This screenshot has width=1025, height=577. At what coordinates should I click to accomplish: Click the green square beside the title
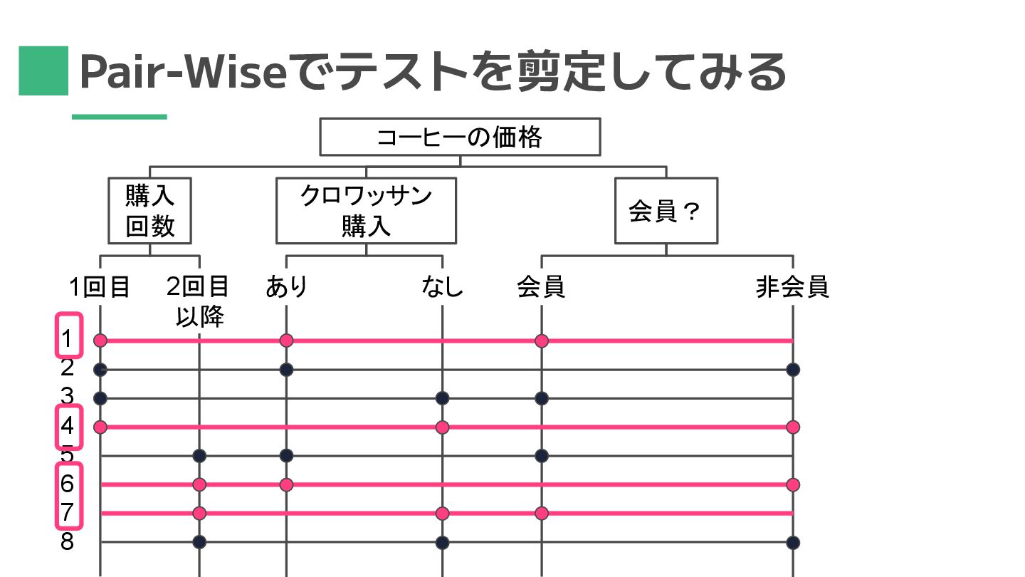coord(43,71)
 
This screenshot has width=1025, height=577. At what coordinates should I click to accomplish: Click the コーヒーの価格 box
coord(460,137)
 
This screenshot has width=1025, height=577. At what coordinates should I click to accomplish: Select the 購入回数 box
coord(149,210)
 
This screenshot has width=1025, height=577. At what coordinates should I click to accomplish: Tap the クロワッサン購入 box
coord(366,210)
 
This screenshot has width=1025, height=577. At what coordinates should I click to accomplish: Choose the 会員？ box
coord(666,211)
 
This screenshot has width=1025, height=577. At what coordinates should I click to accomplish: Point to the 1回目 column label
coord(100,287)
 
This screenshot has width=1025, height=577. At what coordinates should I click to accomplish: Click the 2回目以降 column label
coord(199,300)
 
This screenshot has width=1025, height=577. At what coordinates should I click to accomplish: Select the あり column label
coord(286,287)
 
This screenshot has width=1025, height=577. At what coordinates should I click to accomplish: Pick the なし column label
coord(442,287)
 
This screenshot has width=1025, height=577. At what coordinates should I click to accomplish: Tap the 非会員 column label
coord(792,287)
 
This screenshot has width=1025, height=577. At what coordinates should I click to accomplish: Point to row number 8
coord(67,542)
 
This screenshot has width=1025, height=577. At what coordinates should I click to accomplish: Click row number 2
coord(67,368)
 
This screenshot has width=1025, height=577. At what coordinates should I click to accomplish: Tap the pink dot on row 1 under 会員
coord(542,341)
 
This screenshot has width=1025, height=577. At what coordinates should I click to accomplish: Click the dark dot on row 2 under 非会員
coord(793,370)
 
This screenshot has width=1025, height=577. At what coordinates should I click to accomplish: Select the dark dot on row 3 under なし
coord(442,398)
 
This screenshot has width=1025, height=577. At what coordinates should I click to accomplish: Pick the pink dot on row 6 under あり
coord(286,484)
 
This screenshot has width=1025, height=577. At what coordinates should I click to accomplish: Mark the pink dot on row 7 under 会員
coord(542,513)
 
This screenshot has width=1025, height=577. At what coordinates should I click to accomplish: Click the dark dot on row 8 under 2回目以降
coord(199,542)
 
